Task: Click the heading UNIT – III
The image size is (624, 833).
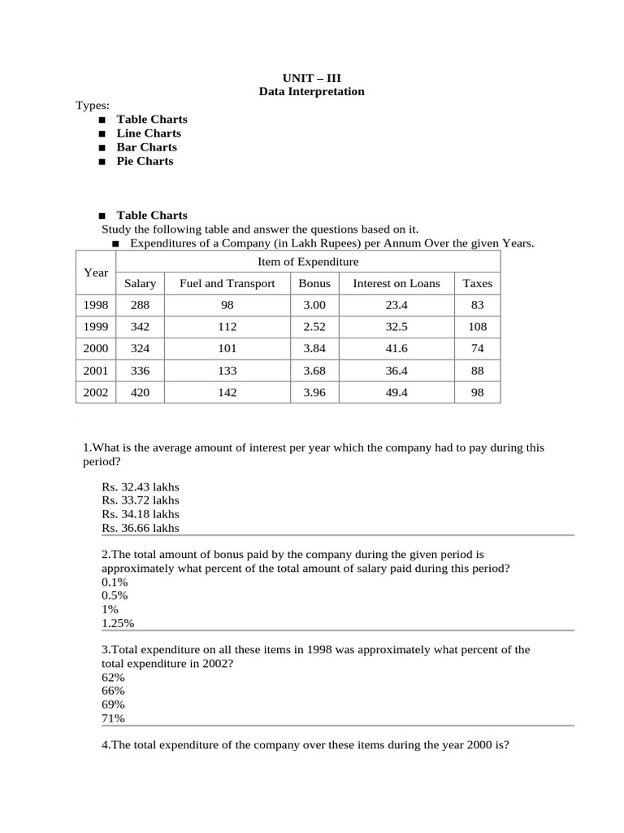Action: (x=311, y=78)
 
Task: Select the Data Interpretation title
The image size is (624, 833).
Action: (x=311, y=92)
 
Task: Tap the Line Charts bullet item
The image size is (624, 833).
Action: (x=149, y=133)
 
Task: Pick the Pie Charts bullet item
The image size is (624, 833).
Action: (x=145, y=161)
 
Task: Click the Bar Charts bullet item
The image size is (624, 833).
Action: (x=146, y=147)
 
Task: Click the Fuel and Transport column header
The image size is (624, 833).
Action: (x=227, y=284)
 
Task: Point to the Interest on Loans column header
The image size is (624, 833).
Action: (x=396, y=284)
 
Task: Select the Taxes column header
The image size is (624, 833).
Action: (x=477, y=284)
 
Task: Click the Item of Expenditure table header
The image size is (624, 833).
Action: (x=308, y=262)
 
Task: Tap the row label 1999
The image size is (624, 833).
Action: (x=96, y=327)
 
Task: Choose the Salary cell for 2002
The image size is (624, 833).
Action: (x=140, y=393)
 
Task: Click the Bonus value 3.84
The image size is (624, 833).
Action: (x=314, y=349)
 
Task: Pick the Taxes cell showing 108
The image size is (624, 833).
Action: (x=477, y=327)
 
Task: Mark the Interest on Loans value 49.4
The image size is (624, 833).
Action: (x=396, y=393)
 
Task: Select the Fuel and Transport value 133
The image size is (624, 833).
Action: (x=227, y=371)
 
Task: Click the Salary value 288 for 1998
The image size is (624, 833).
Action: (x=140, y=305)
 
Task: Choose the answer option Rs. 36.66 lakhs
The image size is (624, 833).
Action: (x=141, y=528)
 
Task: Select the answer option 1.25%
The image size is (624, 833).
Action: (x=118, y=623)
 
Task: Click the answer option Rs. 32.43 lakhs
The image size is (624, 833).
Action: (x=141, y=486)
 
